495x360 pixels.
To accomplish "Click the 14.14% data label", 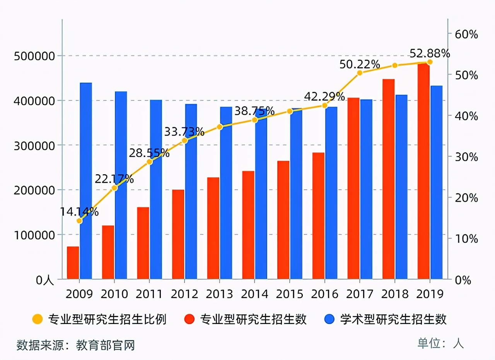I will pos(79,212).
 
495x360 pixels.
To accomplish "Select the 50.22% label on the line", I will pos(360,64).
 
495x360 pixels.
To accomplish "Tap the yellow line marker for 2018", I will pos(395,65).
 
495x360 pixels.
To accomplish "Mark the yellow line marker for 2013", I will pos(220,127).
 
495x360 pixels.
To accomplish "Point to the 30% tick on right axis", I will pos(466,157).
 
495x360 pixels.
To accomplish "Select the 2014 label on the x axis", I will pos(254,294).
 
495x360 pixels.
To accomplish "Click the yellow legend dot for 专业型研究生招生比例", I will pos(38,319).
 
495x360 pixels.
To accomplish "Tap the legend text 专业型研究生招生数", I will pos(253,319).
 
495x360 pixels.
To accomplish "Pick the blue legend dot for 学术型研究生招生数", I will pos(329,319).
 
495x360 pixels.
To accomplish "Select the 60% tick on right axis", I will pos(466,34).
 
